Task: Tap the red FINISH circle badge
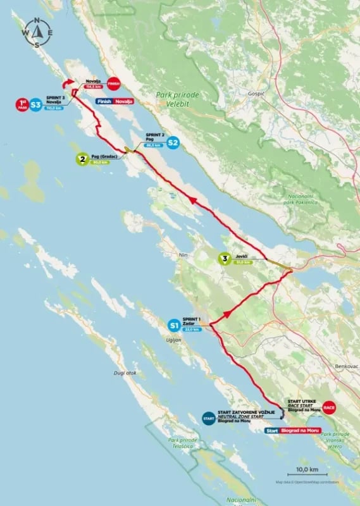click(113, 83)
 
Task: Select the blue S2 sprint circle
click(173, 143)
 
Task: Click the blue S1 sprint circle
click(173, 325)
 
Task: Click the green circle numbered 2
click(81, 159)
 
